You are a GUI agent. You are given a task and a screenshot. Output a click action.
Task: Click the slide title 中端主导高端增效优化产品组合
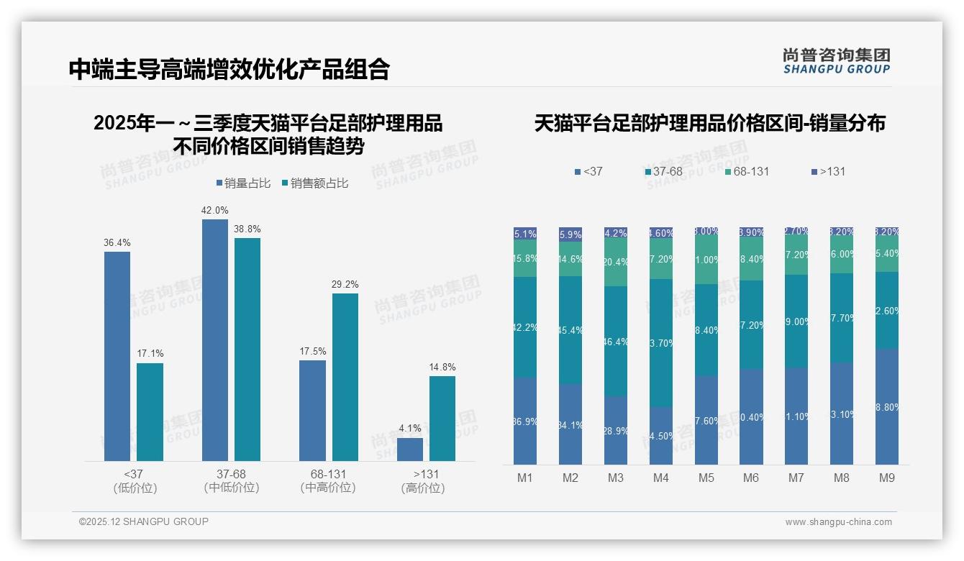(229, 69)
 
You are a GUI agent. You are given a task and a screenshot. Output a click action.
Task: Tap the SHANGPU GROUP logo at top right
(836, 61)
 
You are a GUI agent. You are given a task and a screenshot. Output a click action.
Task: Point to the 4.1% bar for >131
(410, 449)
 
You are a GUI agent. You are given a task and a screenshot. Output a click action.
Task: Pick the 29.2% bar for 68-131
(345, 377)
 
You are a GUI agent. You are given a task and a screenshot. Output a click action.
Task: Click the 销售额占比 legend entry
(316, 183)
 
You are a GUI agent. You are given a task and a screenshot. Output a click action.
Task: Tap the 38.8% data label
(247, 229)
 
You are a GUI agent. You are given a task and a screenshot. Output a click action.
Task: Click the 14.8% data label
(442, 367)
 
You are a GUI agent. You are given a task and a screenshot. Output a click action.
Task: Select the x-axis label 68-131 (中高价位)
(328, 481)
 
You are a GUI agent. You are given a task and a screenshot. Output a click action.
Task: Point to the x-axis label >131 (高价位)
(426, 481)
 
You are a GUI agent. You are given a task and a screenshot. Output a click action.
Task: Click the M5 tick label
(706, 478)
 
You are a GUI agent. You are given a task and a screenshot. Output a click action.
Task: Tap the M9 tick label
(887, 478)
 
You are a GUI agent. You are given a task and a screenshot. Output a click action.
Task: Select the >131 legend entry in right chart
(828, 172)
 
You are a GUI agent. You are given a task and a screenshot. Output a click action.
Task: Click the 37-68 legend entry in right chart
(664, 172)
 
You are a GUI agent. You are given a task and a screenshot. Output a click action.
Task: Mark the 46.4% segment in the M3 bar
(615, 342)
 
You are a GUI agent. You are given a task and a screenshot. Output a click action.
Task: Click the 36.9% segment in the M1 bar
(525, 421)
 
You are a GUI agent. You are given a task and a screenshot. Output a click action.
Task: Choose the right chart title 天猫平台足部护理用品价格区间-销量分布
(709, 124)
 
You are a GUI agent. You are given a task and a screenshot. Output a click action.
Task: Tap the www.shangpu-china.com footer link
(838, 522)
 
